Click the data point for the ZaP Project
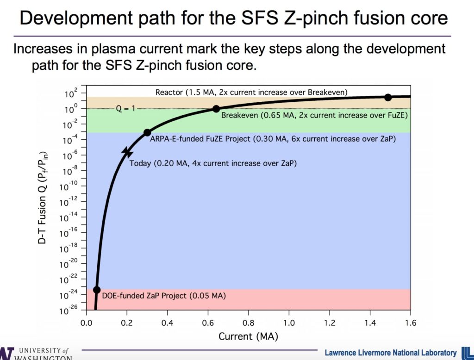(97, 290)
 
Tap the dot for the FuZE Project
(147, 132)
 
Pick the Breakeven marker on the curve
(216, 109)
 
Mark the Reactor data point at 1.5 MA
(388, 97)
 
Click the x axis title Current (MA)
(249, 336)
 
